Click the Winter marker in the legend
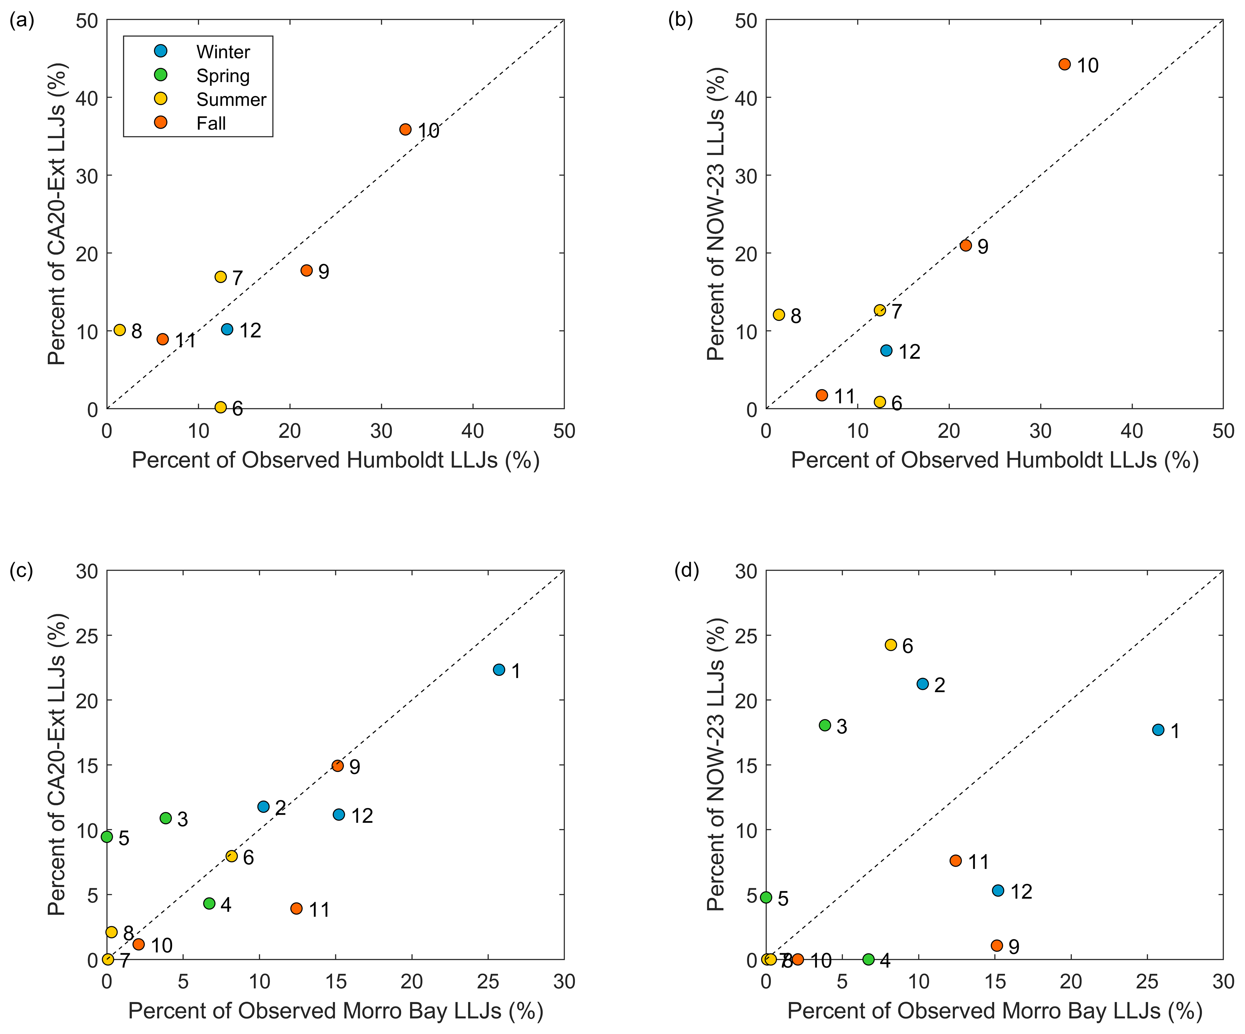pyautogui.click(x=161, y=51)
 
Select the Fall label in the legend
pyautogui.click(x=211, y=123)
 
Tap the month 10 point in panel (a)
pyautogui.click(x=406, y=129)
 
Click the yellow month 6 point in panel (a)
pyautogui.click(x=221, y=407)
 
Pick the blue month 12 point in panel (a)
pyautogui.click(x=227, y=329)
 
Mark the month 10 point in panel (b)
pyautogui.click(x=1065, y=64)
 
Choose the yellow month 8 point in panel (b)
pyautogui.click(x=779, y=315)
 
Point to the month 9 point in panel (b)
pyautogui.click(x=966, y=245)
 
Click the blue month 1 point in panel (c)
pyautogui.click(x=499, y=670)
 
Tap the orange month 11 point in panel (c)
pyautogui.click(x=296, y=909)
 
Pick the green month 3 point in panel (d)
pyautogui.click(x=825, y=725)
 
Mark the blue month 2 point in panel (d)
pyautogui.click(x=923, y=684)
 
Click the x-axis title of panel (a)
pyautogui.click(x=335, y=460)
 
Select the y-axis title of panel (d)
pyautogui.click(x=716, y=764)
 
